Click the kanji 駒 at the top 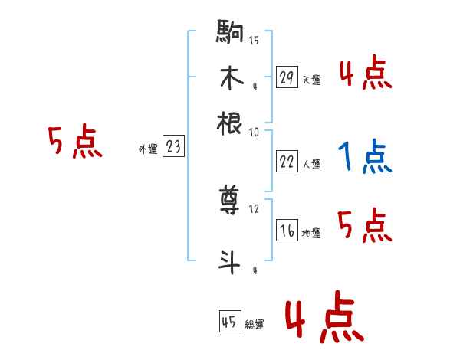click(x=230, y=34)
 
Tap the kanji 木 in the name click(x=230, y=79)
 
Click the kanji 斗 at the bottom click(x=230, y=263)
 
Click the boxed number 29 click(x=287, y=77)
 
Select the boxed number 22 click(x=287, y=161)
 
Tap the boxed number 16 click(x=287, y=231)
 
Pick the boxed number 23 click(x=173, y=147)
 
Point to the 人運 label click(x=311, y=164)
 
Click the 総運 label click(x=255, y=324)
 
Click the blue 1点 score click(x=363, y=157)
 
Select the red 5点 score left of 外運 click(x=74, y=142)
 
